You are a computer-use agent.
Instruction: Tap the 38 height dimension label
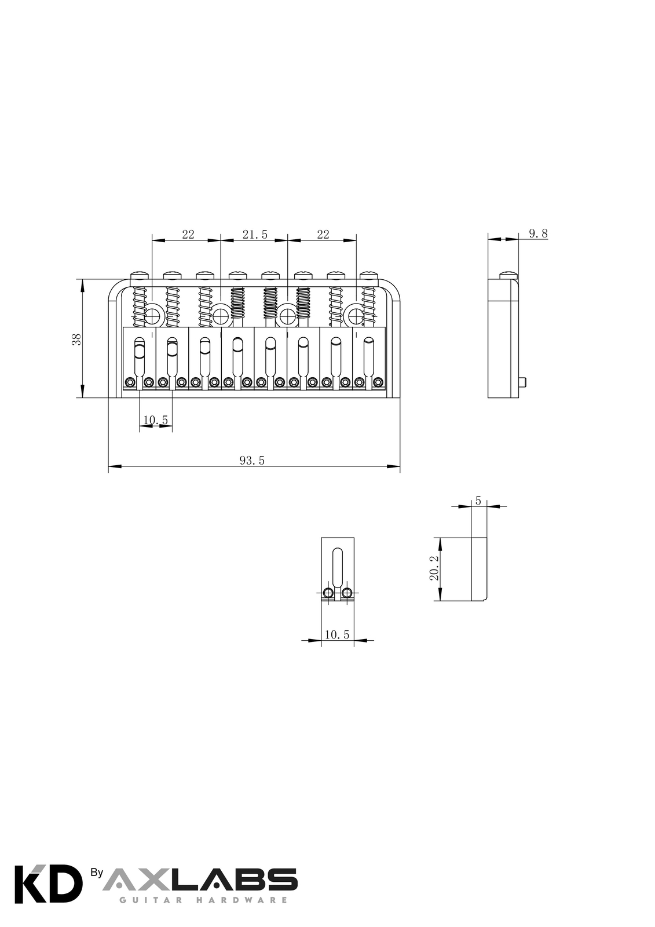76,339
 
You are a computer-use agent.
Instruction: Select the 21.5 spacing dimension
255,235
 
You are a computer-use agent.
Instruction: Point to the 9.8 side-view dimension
539,233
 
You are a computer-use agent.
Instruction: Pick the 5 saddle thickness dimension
478,501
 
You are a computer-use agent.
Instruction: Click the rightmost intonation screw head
367,275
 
